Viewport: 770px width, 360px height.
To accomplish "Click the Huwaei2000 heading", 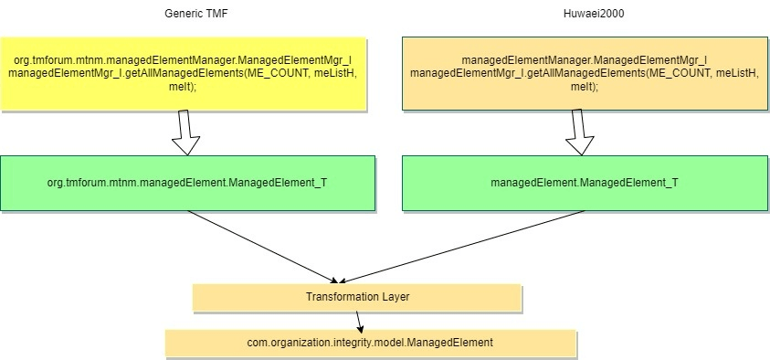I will click(x=585, y=13).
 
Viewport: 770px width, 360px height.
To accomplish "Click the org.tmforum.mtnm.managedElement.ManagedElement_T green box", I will click(x=187, y=182).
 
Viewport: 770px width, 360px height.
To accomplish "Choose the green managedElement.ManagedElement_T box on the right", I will click(x=585, y=182).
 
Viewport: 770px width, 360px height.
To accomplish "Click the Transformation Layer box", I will click(x=357, y=298).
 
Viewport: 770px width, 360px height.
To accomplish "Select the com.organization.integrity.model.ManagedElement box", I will click(x=370, y=343).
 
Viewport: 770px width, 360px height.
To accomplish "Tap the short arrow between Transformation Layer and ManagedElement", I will click(x=359, y=320).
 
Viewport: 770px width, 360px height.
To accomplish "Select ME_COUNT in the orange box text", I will click(x=671, y=73).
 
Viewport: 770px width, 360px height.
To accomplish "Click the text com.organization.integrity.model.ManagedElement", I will click(x=370, y=343).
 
